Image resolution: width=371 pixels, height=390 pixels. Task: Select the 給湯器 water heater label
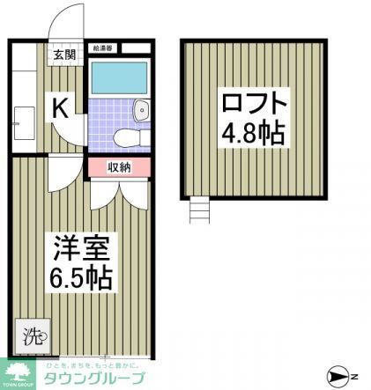click(100, 49)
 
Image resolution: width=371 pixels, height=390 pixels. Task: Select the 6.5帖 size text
click(81, 277)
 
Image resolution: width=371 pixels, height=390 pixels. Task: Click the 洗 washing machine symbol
click(32, 335)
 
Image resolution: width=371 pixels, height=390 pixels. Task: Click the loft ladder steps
click(200, 211)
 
